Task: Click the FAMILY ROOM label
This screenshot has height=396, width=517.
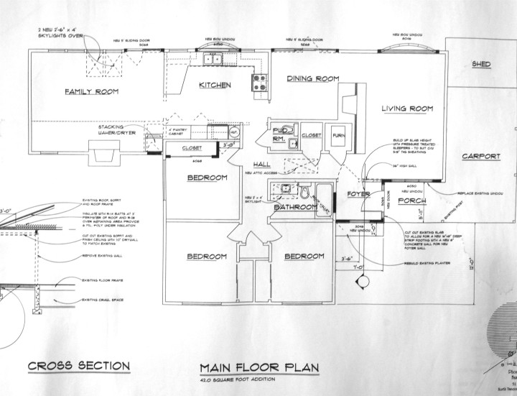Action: coord(91,92)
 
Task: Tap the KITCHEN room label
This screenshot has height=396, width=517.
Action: coord(215,86)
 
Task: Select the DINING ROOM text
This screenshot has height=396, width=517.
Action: coord(313,78)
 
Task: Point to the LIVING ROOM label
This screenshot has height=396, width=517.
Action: coord(407,109)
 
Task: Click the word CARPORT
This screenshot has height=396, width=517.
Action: coord(481,156)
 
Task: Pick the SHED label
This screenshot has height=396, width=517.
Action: coord(481,65)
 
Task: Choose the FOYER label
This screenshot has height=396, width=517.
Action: coord(358,194)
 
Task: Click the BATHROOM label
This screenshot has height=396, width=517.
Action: coord(295,207)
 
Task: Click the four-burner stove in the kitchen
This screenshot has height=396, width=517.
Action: coord(258,81)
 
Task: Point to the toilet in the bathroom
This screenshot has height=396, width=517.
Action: coord(304,193)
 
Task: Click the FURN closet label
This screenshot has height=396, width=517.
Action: coord(337,134)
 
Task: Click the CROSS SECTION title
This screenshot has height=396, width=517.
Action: coord(79,367)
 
